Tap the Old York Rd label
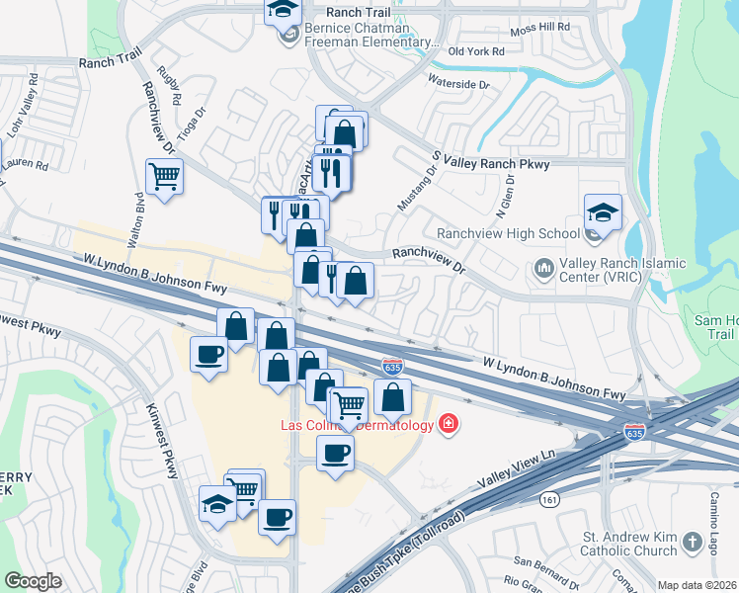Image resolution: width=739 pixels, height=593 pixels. click(476, 51)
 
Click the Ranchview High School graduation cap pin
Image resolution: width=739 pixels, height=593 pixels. click(602, 212)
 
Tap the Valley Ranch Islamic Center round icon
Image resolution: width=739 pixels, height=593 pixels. click(542, 268)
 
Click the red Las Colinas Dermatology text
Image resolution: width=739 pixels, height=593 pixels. click(355, 426)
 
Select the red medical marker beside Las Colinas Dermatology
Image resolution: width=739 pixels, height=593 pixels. click(449, 424)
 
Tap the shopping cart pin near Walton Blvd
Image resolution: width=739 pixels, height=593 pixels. click(164, 177)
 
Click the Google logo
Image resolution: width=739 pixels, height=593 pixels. click(33, 581)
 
